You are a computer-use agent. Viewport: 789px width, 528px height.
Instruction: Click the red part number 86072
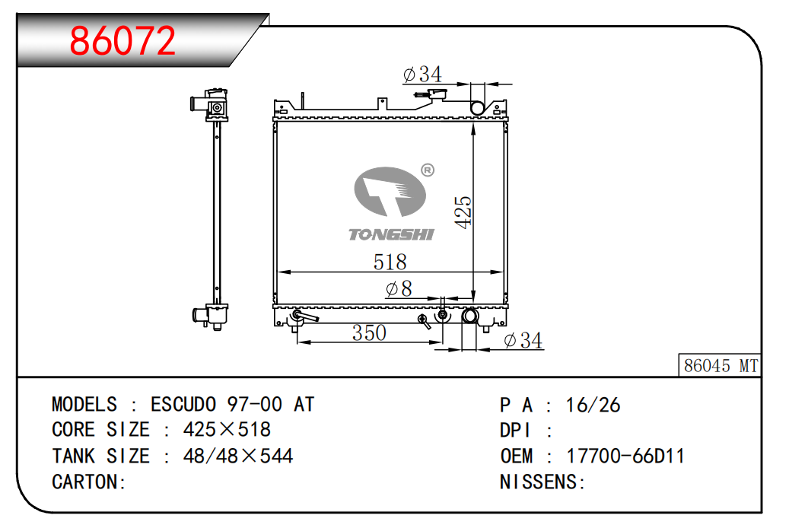tap(122, 40)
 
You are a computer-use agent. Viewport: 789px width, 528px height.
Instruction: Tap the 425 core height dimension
tap(463, 212)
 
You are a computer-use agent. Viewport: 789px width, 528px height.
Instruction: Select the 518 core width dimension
tap(390, 262)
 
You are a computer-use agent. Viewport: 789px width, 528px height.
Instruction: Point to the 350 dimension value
tap(369, 332)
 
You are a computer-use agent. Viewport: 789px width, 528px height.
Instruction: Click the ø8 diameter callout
tap(399, 289)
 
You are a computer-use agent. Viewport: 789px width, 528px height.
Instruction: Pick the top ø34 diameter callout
tap(422, 75)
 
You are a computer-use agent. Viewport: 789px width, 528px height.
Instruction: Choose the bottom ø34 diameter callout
tap(523, 341)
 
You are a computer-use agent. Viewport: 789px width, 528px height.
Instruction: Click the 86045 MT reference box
tap(720, 365)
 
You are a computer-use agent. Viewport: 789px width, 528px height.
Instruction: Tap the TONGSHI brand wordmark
tap(391, 234)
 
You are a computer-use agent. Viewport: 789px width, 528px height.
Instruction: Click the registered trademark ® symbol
tap(427, 170)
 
